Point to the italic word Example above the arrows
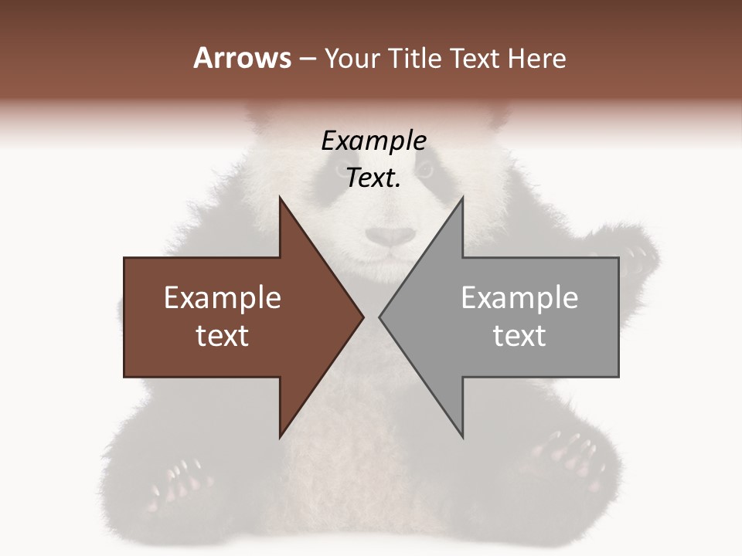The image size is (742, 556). (374, 141)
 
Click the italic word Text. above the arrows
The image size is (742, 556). (374, 178)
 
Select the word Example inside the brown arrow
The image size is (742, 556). (223, 298)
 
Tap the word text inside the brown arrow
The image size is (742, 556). (223, 336)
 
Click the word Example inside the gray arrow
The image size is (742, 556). (519, 298)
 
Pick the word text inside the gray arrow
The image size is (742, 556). (519, 336)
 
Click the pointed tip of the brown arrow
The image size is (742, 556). (362, 317)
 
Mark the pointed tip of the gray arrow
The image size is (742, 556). (381, 317)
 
